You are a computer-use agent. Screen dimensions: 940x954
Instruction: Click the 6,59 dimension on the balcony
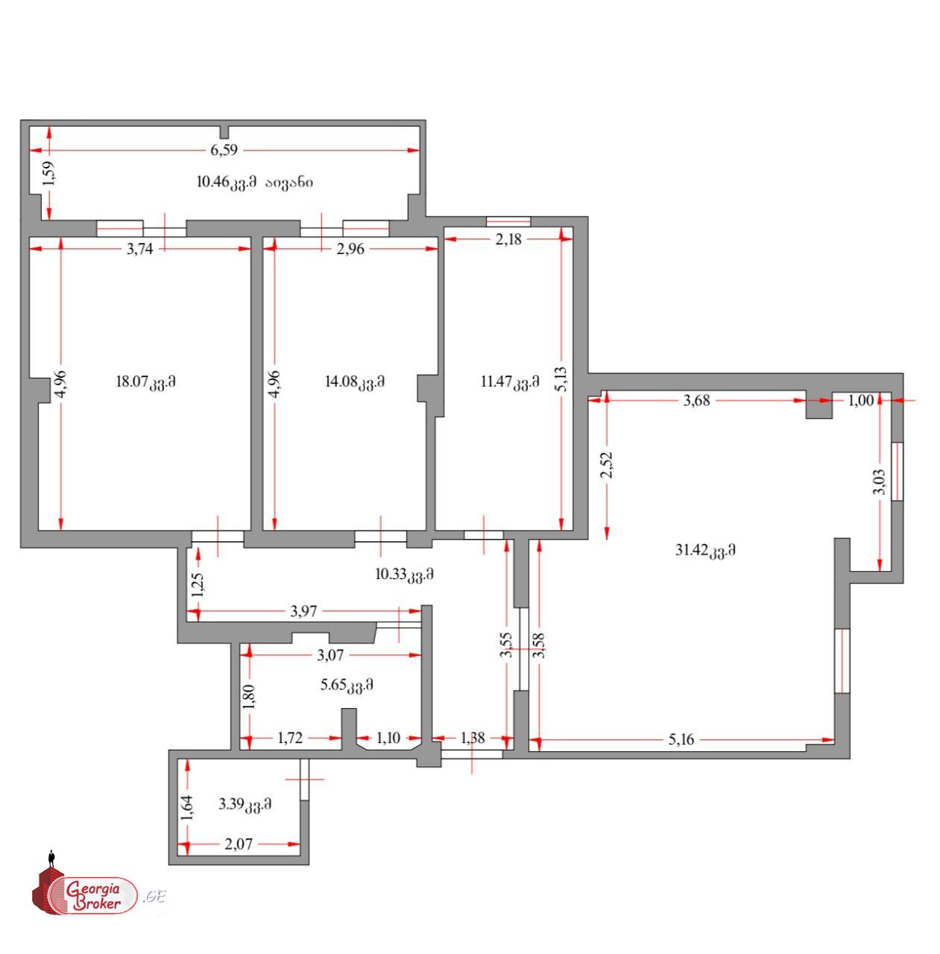224,150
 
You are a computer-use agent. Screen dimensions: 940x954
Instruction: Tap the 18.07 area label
145,382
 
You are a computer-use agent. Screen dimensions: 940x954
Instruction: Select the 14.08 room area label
355,382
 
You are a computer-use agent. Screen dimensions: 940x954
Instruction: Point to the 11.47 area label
510,382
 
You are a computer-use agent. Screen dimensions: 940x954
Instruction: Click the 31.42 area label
705,550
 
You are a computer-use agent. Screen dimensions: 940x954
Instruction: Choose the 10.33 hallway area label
405,575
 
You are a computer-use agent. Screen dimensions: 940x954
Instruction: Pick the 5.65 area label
347,685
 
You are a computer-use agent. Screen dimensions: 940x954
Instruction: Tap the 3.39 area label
245,803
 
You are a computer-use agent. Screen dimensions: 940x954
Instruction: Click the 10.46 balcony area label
254,182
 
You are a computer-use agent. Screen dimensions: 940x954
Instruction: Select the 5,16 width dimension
681,739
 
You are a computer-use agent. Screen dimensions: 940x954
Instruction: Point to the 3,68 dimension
696,400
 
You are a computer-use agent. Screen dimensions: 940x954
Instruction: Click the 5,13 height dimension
561,379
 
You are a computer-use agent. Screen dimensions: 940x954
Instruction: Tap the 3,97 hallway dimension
303,611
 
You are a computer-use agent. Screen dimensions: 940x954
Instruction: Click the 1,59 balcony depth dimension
49,174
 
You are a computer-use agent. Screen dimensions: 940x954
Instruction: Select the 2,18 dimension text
508,239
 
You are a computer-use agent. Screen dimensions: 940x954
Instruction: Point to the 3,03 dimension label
879,481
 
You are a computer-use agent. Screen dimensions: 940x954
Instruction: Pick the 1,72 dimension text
290,738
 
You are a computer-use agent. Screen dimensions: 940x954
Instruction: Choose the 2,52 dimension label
607,465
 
